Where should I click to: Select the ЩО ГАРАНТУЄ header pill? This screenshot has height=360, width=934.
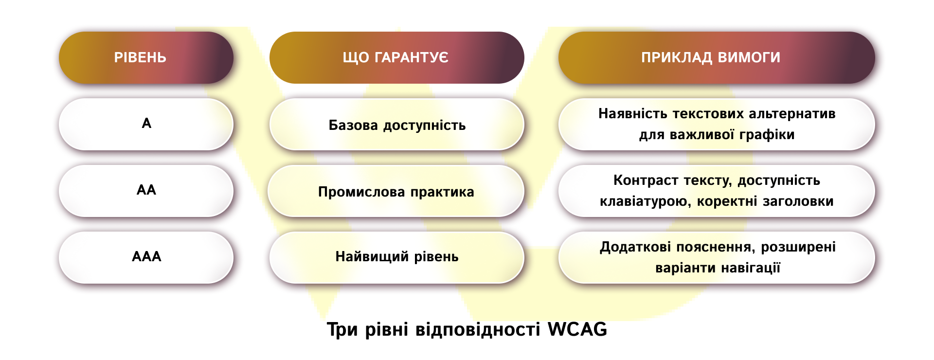click(x=396, y=57)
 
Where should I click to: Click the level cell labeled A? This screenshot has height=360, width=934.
click(x=146, y=124)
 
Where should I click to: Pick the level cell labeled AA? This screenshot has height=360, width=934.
click(x=146, y=190)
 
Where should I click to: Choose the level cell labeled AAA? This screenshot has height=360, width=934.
click(x=146, y=257)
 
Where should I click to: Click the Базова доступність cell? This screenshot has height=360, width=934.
click(x=396, y=125)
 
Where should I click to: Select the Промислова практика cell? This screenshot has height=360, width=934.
click(x=395, y=192)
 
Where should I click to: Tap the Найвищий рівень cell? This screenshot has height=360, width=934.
click(x=396, y=257)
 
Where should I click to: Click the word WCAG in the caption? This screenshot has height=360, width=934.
click(x=577, y=329)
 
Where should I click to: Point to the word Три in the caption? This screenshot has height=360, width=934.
click(x=342, y=329)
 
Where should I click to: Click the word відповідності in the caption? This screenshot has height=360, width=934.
click(x=477, y=329)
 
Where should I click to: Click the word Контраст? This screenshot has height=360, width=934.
click(x=646, y=180)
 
